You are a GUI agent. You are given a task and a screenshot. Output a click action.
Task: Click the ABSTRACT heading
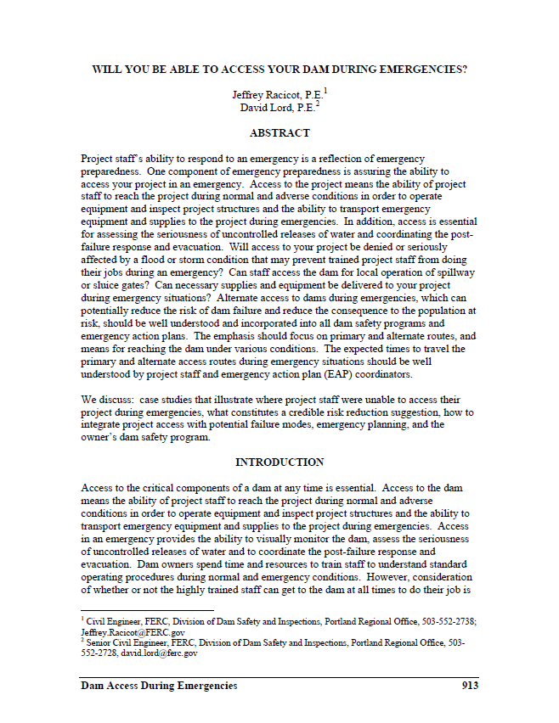(279, 133)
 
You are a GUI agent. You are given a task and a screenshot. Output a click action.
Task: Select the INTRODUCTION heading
(279, 462)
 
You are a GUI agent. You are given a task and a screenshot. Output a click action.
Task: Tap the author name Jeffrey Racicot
(261, 96)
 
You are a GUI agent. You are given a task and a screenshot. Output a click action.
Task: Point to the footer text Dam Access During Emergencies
(159, 686)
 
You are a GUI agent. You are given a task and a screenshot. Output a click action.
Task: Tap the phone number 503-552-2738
(448, 623)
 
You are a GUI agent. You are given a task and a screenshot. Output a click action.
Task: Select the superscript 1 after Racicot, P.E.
(325, 91)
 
